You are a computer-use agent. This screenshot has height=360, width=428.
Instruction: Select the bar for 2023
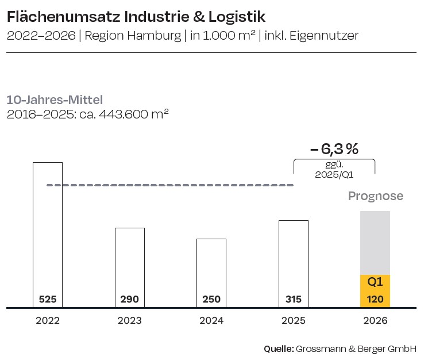[x=129, y=262]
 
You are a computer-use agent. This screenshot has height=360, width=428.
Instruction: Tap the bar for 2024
[x=211, y=267]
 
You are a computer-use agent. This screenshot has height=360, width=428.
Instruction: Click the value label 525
[x=48, y=300]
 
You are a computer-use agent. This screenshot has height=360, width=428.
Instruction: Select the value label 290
[x=129, y=300]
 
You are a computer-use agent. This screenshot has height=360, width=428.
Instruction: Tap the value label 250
[x=211, y=300]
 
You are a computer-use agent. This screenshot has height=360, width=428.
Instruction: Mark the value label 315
[x=293, y=300]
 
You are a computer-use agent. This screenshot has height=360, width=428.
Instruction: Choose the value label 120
[x=375, y=300]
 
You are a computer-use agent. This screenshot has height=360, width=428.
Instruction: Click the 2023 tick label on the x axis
[x=129, y=321]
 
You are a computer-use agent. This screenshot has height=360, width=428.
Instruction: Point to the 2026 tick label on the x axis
[x=375, y=321]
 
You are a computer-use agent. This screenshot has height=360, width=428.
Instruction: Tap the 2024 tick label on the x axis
[x=211, y=321]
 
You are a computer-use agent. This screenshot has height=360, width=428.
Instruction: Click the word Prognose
[x=376, y=196]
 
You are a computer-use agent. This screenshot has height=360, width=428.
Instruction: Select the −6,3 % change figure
[x=334, y=149]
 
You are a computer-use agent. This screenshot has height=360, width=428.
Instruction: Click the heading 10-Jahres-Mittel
[x=55, y=100]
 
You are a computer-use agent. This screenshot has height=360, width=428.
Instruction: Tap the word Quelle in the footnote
[x=278, y=348]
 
